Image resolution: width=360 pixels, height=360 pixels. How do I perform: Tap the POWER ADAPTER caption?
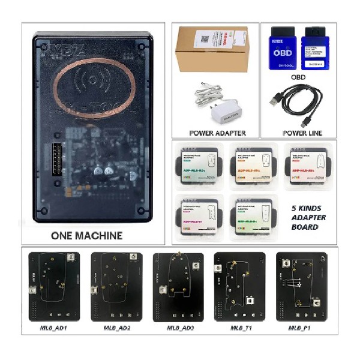click(217, 133)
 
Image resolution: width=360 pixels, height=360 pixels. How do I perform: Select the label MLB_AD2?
click(116, 328)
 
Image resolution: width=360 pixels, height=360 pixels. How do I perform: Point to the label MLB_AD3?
click(178, 328)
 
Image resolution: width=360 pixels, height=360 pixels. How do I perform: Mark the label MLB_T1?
click(241, 328)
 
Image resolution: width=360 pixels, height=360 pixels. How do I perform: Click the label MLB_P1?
click(300, 328)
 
